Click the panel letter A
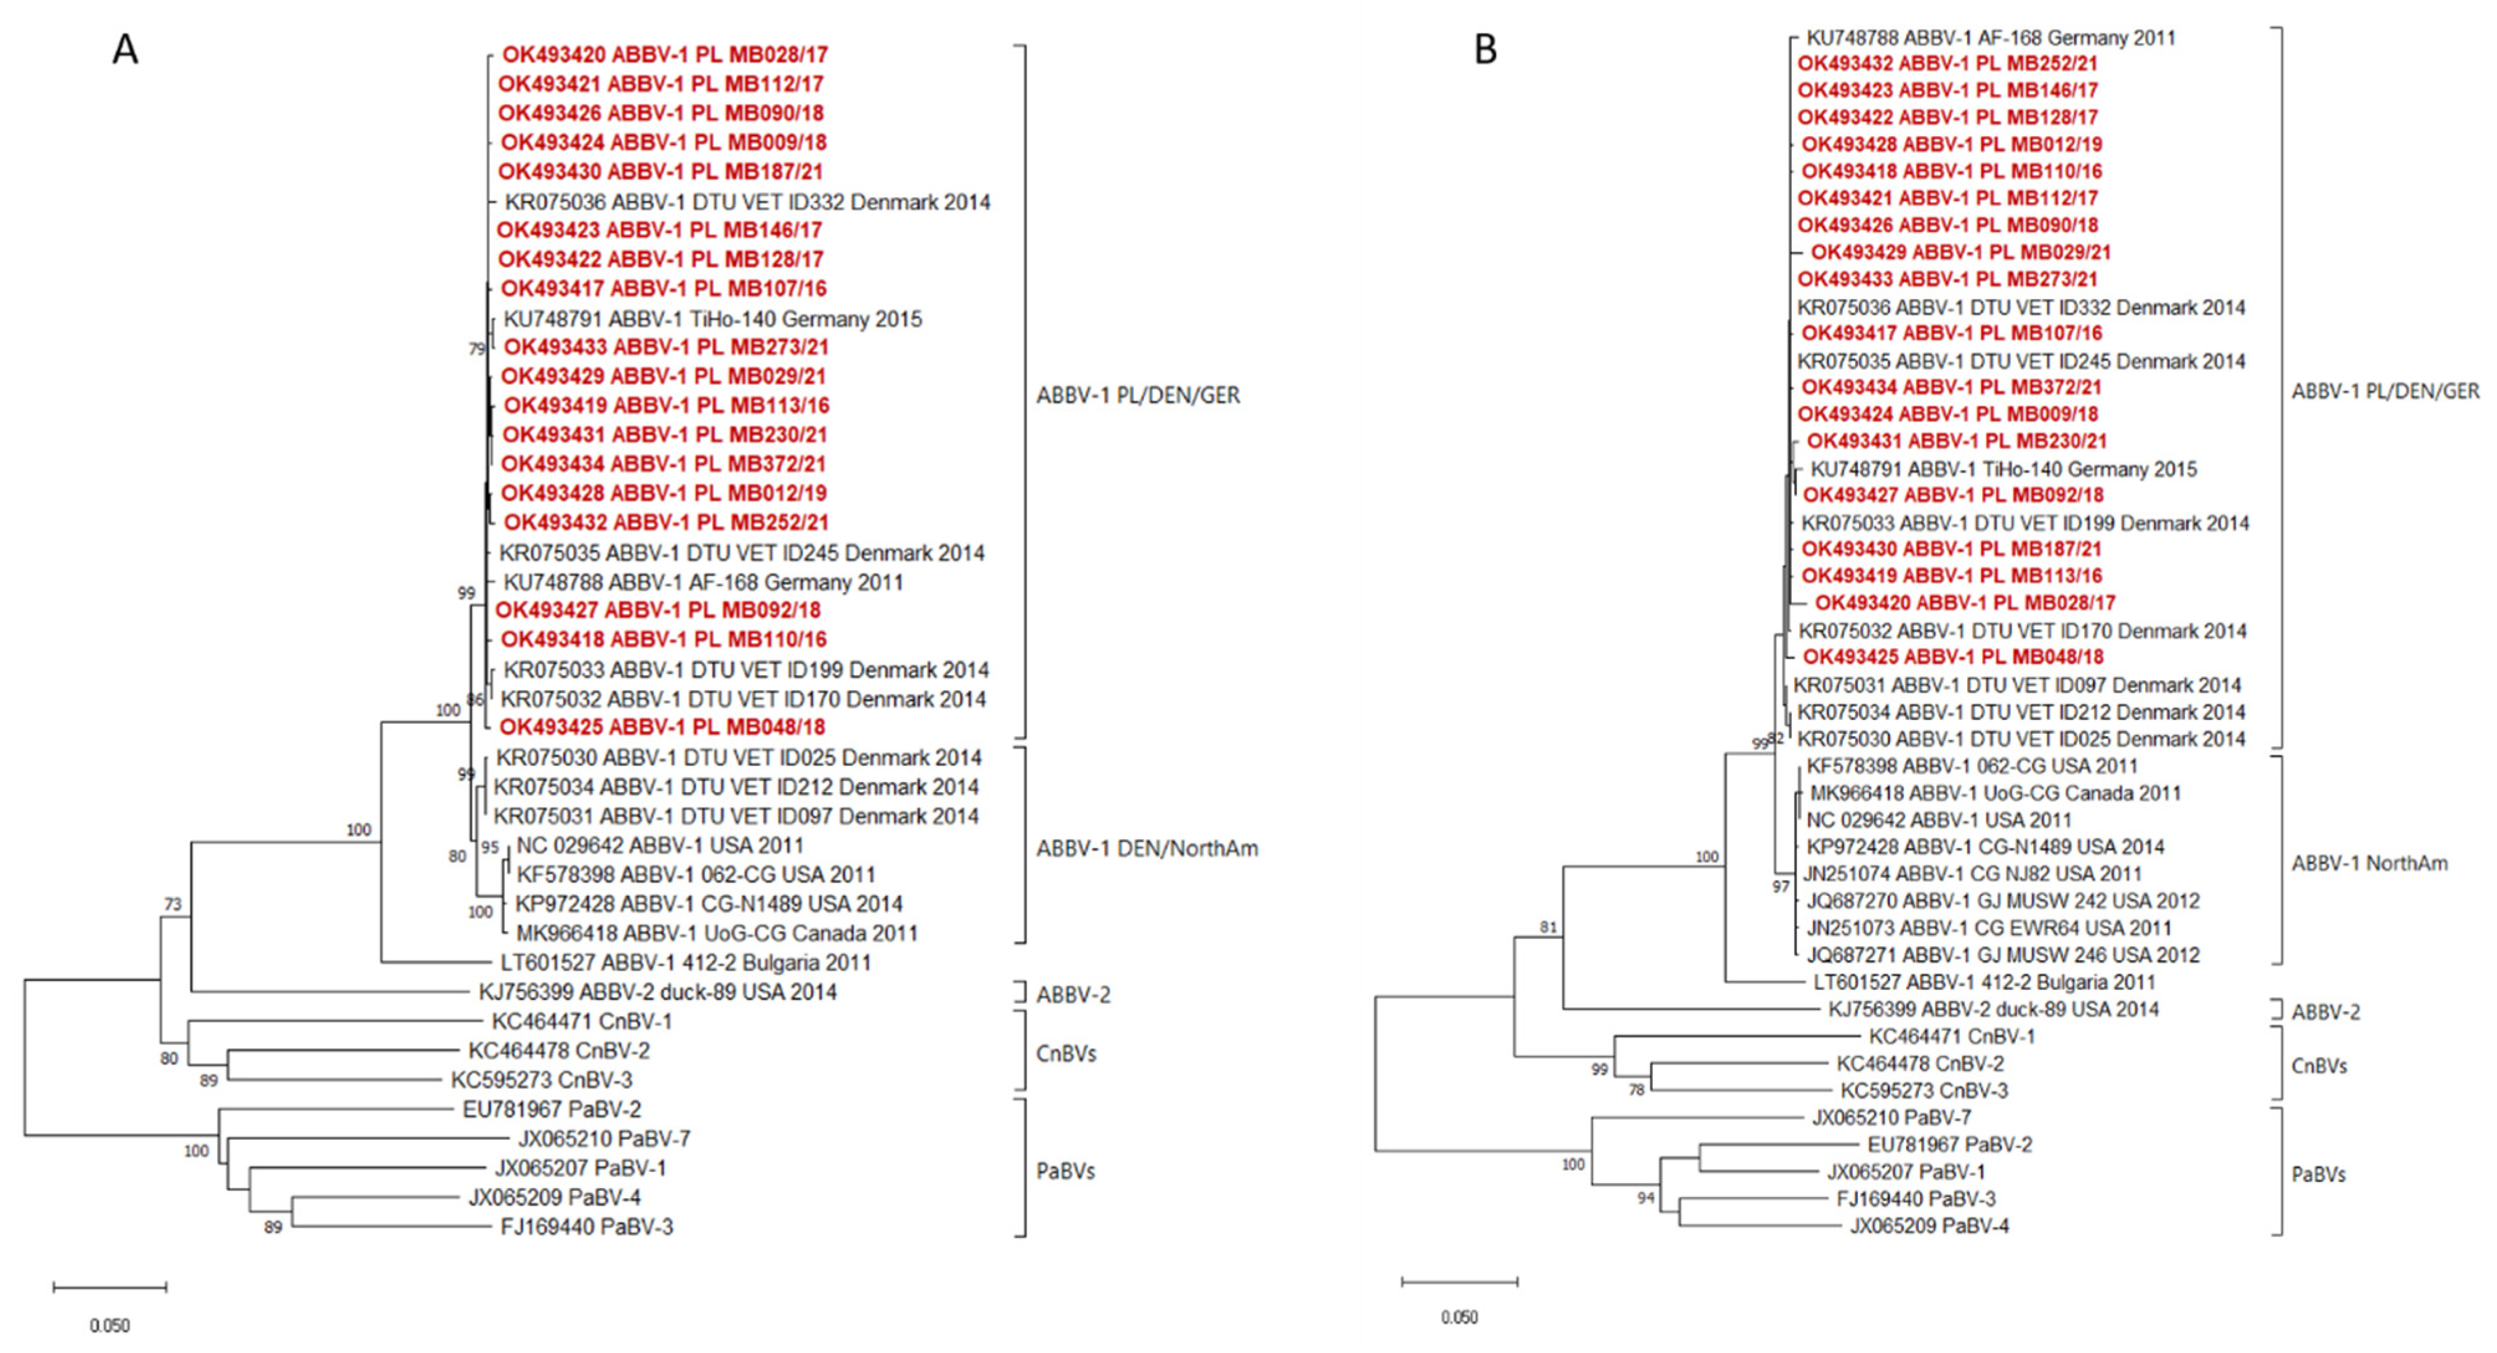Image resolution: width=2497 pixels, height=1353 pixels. (125, 48)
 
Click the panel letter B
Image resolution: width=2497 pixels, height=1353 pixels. (1485, 48)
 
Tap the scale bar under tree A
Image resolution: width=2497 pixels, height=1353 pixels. (109, 1287)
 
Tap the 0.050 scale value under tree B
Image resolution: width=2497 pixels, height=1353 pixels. (1459, 1317)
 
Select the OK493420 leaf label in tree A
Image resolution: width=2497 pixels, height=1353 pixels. (665, 54)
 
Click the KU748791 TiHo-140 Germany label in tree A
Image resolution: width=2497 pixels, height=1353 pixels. (713, 319)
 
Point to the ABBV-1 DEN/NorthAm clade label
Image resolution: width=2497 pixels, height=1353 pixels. (1147, 848)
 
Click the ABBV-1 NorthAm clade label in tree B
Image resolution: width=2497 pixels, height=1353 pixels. (2369, 862)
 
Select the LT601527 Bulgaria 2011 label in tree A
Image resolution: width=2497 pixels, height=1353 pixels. (685, 963)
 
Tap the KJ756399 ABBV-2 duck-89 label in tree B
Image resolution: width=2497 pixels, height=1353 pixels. (1993, 1009)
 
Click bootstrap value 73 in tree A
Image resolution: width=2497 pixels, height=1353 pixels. (173, 904)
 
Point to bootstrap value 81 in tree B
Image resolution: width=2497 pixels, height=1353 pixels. (1548, 928)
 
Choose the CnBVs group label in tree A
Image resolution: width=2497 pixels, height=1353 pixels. (1065, 1053)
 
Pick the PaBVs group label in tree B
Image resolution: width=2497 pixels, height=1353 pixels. (2318, 1174)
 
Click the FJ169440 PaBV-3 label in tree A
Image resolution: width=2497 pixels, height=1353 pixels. (586, 1227)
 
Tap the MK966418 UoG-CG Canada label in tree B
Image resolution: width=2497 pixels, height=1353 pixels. (1995, 793)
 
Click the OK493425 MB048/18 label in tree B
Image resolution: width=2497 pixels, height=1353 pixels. (1952, 656)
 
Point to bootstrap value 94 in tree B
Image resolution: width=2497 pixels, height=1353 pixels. (1645, 1198)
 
